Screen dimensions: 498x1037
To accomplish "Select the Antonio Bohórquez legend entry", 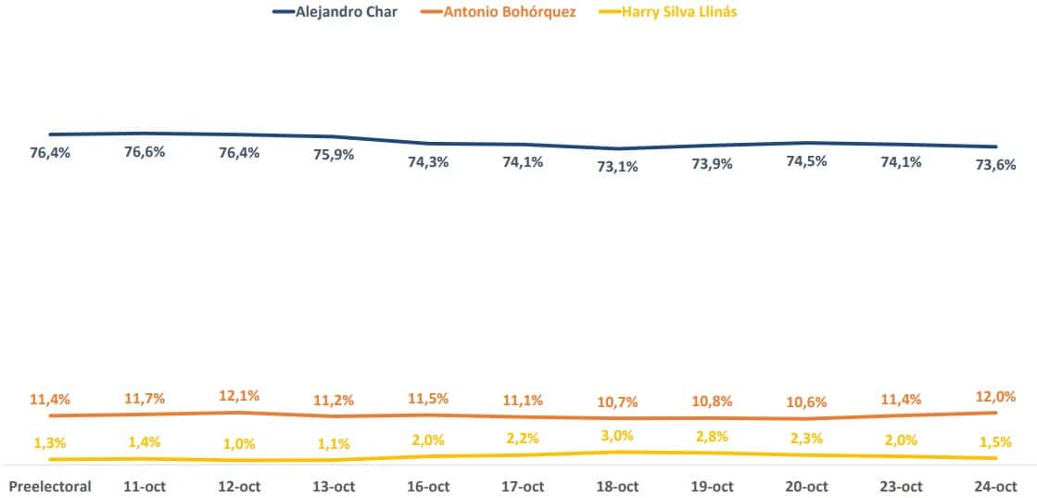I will pos(510,13).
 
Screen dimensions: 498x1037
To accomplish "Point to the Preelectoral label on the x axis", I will pos(50,486).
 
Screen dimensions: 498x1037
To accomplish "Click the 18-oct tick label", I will pos(617,486).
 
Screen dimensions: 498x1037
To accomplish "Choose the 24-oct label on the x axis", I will pos(995,486).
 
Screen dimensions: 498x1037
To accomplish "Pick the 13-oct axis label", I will pos(334,486).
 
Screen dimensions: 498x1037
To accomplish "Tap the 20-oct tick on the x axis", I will pos(806,486).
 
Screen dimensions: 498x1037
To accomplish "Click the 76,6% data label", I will pos(145,152).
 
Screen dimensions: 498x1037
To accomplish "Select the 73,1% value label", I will pos(617,168).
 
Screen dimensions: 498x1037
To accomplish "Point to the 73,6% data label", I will pos(995,165).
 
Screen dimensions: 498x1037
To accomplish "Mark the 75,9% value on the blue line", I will pos(334,155).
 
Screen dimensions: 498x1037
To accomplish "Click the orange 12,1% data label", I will pos(239,395).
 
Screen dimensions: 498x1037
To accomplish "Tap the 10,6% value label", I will pos(806,401).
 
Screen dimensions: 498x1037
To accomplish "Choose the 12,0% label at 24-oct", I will pos(995,395).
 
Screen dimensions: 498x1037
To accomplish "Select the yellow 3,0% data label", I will pos(617,435).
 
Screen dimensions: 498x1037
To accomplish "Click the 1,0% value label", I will pos(239,443).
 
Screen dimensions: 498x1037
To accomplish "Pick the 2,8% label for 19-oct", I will pos(712,436).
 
